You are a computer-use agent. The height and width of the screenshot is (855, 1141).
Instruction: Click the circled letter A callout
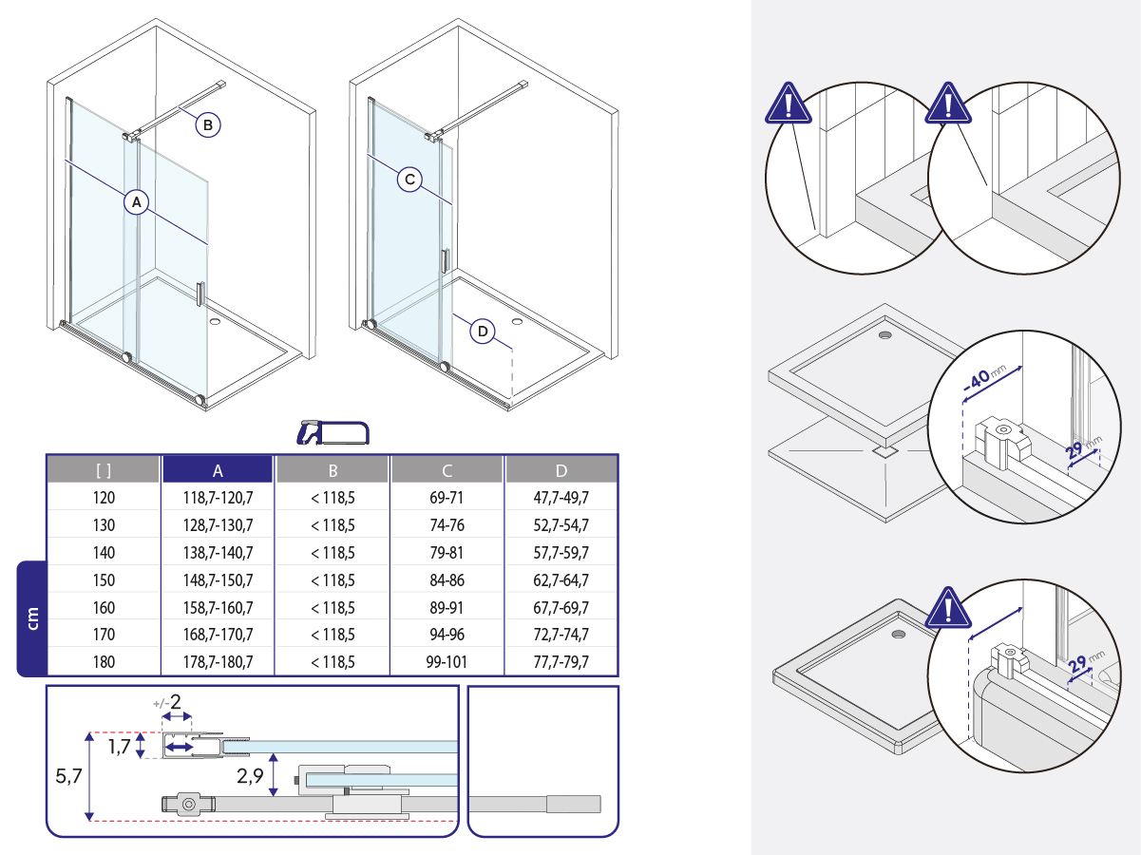(137, 201)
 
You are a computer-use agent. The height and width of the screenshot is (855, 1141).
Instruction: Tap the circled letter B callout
(208, 124)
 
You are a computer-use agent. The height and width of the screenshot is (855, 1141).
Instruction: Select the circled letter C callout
(409, 180)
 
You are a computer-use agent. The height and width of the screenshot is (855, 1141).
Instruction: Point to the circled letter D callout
(483, 332)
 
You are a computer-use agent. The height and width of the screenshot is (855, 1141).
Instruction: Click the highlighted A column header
(218, 470)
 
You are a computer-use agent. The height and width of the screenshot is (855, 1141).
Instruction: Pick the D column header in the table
(561, 470)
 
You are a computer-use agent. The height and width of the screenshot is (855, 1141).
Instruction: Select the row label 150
(104, 580)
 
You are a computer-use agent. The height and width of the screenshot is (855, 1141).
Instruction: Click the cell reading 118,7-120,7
(218, 498)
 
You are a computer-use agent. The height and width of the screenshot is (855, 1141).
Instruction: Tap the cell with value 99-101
(447, 661)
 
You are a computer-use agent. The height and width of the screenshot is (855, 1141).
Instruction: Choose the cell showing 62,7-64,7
(561, 580)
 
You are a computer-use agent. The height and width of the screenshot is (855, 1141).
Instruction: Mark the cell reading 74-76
(447, 525)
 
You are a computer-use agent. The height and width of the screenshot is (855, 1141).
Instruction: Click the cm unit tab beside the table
(32, 618)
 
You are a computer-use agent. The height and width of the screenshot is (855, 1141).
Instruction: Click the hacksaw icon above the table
(333, 433)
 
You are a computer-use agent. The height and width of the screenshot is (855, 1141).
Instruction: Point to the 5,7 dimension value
(68, 776)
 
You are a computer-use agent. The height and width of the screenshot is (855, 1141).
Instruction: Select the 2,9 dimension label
(250, 776)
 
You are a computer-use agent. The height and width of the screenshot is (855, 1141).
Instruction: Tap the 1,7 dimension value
(119, 747)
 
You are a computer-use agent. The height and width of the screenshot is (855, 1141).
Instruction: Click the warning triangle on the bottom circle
(949, 608)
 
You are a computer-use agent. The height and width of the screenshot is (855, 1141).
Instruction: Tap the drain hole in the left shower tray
(216, 321)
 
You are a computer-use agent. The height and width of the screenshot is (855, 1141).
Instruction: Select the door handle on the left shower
(200, 294)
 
